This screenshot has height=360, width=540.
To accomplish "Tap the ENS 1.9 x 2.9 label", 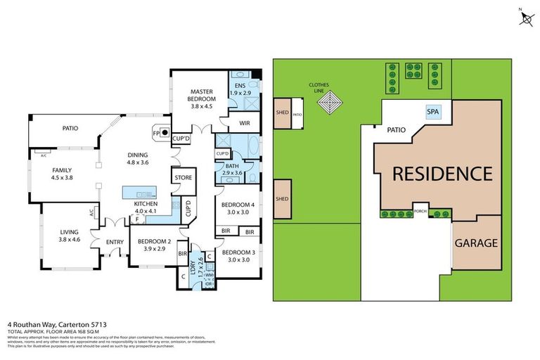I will pos(241,89).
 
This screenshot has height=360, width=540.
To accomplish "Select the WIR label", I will pos(245,123).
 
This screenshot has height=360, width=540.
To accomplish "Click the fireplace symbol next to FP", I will pos(164,131).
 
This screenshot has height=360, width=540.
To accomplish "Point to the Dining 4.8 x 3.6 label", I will pos(138,158).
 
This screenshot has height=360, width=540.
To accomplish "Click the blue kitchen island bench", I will pos(138,192).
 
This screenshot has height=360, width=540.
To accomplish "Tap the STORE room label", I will pos(184,178).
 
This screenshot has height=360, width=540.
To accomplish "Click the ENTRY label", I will pos(115,243).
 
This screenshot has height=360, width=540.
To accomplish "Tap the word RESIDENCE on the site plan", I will pos(442,173).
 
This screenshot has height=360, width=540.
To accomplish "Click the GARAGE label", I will pos(476,243).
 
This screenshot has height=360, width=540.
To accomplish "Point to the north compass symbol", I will pos(525,18).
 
